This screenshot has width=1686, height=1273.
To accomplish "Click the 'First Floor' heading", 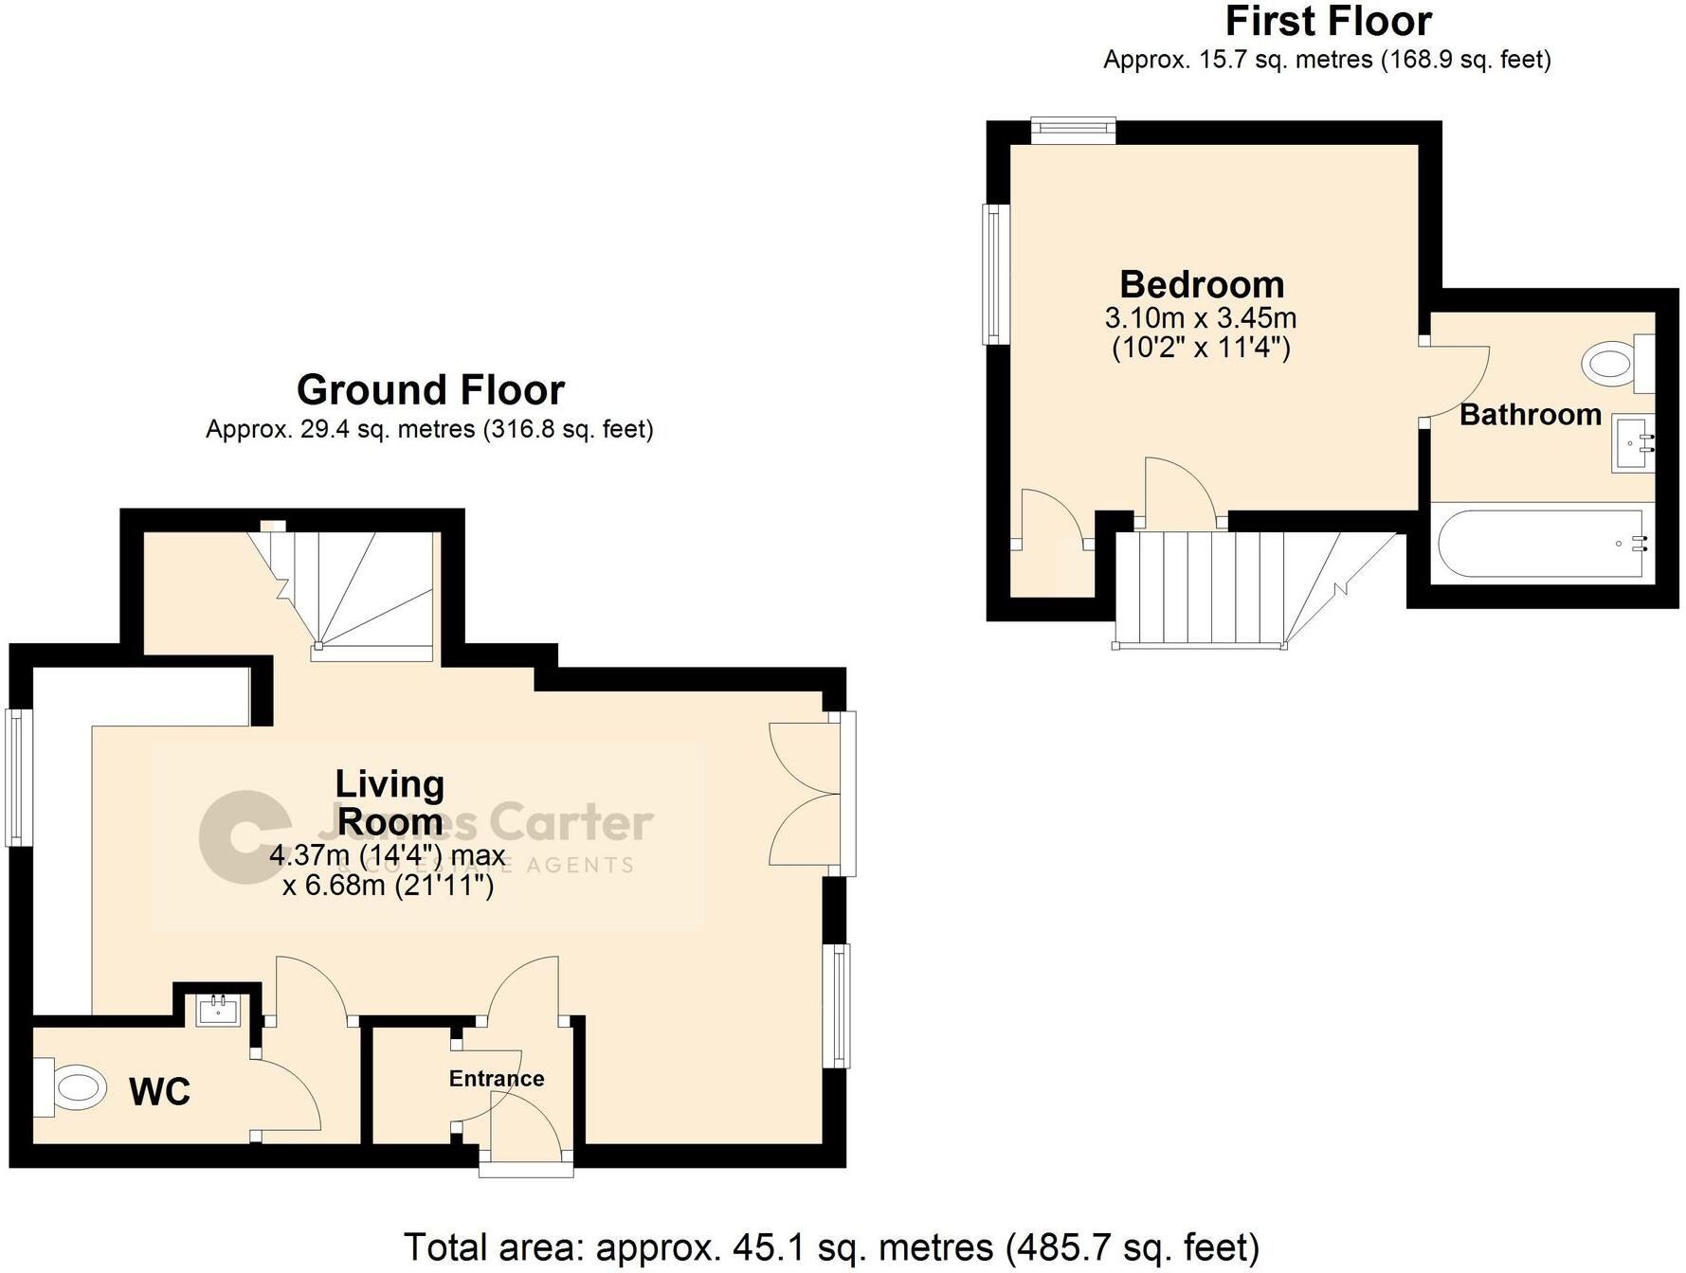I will [x=1327, y=21].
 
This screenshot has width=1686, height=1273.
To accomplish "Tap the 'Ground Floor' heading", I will [x=430, y=389].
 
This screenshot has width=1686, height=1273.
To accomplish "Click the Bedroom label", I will [x=1201, y=284].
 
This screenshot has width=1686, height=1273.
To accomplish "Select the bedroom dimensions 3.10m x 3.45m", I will [x=1201, y=318].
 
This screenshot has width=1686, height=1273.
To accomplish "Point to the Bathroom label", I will [x=1530, y=415].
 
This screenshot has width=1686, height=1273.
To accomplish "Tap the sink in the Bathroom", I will [x=1633, y=443].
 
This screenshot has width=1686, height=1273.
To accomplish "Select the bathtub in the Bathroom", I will [x=1542, y=544].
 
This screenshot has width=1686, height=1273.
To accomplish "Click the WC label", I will [x=159, y=1092].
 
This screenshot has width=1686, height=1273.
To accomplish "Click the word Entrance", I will [x=496, y=1079].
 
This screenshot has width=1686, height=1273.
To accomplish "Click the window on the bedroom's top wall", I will [x=1073, y=130].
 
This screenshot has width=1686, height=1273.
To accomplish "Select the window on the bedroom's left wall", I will [x=993, y=275].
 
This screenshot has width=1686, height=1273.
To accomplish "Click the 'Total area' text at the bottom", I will [x=831, y=1247].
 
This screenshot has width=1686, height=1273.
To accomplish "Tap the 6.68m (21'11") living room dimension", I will [x=389, y=886].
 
